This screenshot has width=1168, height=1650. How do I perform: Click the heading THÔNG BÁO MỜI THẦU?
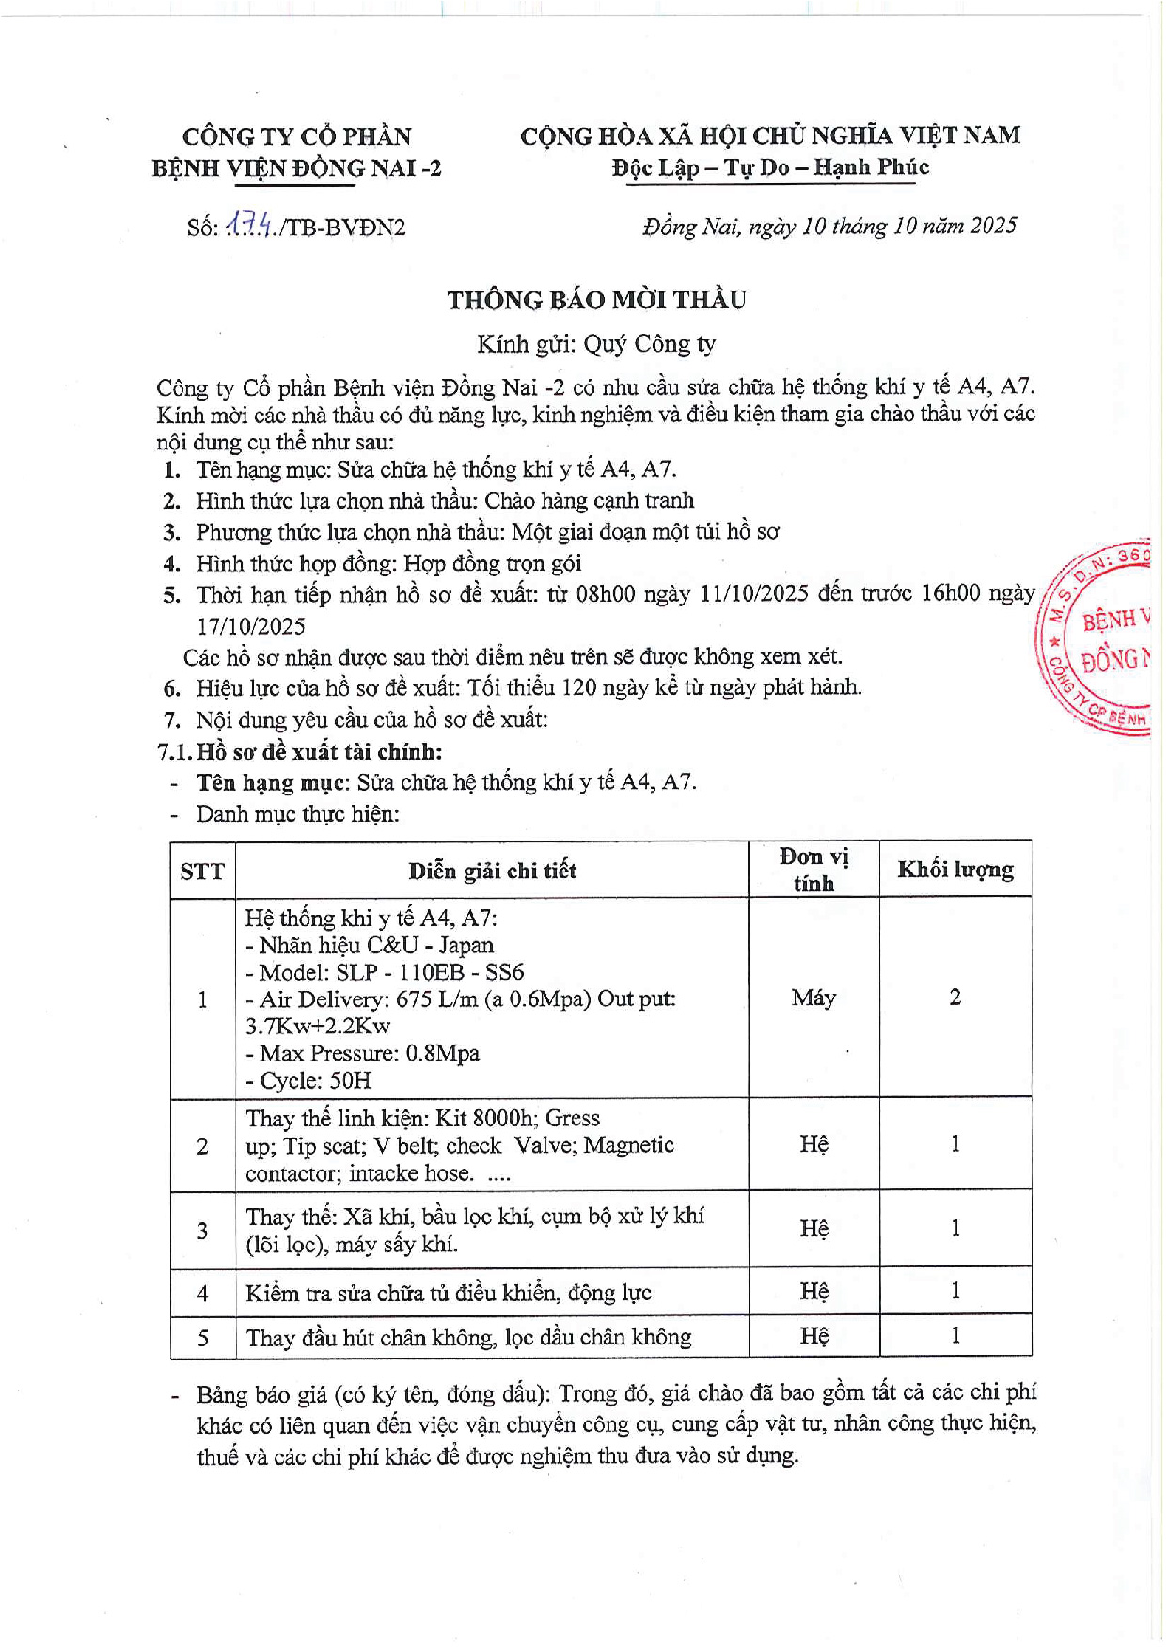pyautogui.click(x=596, y=300)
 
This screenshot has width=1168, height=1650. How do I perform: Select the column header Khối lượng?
pyautogui.click(x=955, y=870)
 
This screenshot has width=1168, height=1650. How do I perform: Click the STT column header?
pyautogui.click(x=202, y=872)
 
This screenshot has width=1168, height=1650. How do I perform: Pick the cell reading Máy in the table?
pyautogui.click(x=813, y=998)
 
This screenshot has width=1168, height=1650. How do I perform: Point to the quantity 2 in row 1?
pyautogui.click(x=955, y=998)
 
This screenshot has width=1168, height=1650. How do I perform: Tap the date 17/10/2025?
pyautogui.click(x=251, y=626)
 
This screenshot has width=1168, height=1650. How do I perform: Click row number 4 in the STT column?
pyautogui.click(x=202, y=1294)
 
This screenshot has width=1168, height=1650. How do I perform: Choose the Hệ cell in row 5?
pyautogui.click(x=813, y=1336)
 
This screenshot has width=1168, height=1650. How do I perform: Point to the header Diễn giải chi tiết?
pyautogui.click(x=492, y=871)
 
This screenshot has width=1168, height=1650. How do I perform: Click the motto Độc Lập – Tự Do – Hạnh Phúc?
pyautogui.click(x=770, y=167)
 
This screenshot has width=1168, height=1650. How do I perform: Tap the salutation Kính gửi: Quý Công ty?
pyautogui.click(x=596, y=344)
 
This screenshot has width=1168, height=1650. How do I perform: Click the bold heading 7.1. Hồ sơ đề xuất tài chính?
pyautogui.click(x=299, y=751)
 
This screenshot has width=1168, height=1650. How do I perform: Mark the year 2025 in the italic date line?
pyautogui.click(x=993, y=226)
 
